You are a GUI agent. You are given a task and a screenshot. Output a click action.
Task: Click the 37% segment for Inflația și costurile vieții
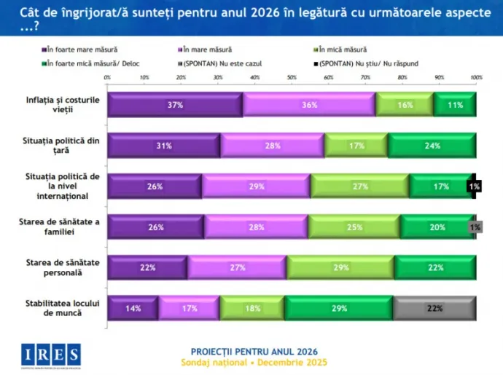coord(175,105)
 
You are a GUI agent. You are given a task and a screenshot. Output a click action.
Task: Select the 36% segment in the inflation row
coord(309,105)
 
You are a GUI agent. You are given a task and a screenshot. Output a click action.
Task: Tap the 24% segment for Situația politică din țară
coord(432,146)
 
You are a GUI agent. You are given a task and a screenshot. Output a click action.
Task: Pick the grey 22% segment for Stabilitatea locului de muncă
coord(434,308)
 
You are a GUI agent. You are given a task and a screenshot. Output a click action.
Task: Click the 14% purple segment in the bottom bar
coord(133,308)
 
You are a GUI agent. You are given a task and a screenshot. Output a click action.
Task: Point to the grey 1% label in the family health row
coord(475,227)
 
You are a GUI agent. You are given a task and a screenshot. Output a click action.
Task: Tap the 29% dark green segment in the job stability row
coord(338,308)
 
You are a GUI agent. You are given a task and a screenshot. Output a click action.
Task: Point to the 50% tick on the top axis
coord(292,77)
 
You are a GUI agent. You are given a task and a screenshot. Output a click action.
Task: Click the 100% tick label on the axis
coord(476,77)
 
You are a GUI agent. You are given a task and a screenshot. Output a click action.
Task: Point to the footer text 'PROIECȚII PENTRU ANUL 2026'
coord(253,351)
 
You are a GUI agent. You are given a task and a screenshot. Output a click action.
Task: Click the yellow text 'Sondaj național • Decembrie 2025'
coord(253,363)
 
